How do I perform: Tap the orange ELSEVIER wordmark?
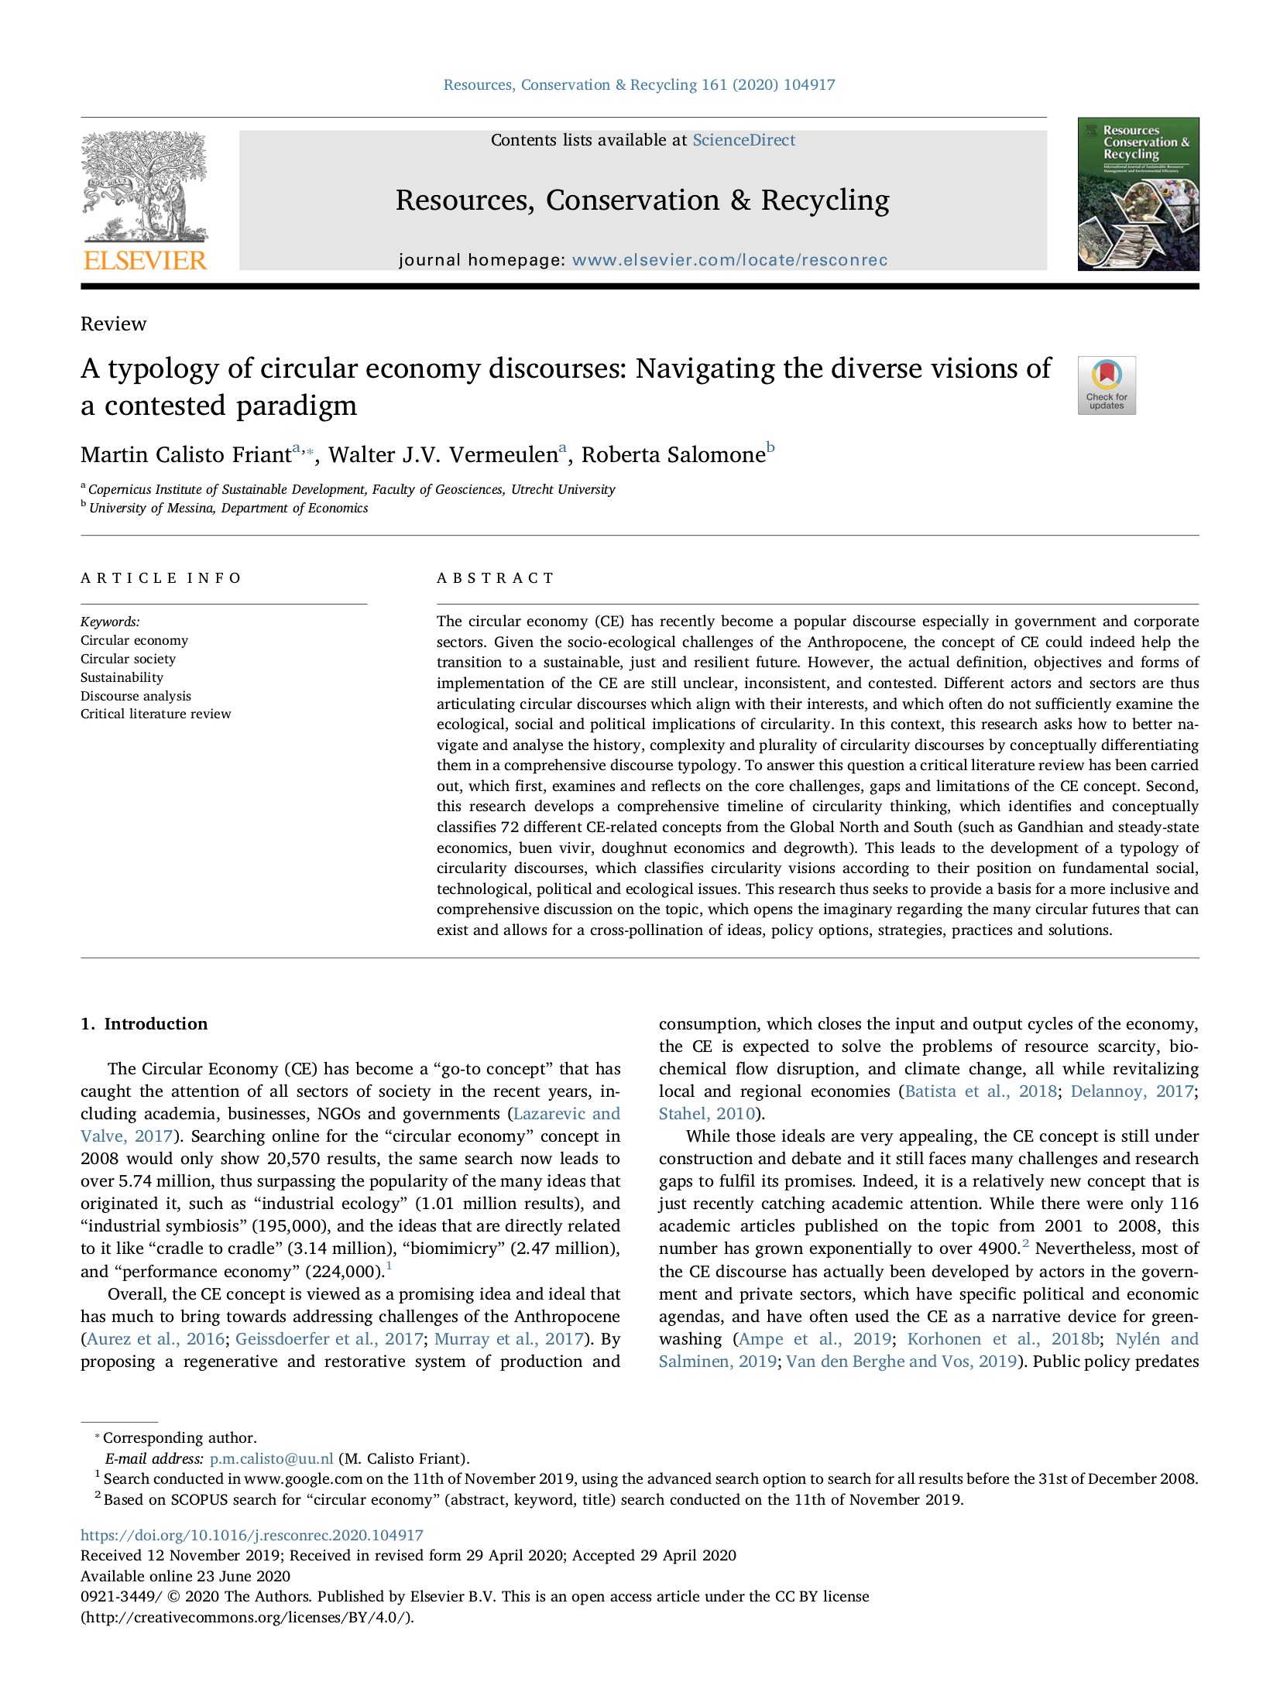[x=145, y=260]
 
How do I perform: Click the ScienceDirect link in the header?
[x=743, y=140]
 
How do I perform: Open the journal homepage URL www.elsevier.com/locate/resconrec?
[x=729, y=260]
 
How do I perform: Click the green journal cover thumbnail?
[x=1138, y=194]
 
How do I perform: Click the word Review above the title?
[x=113, y=324]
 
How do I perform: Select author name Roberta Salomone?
[x=672, y=454]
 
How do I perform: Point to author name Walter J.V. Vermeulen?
[x=442, y=454]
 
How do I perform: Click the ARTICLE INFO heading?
[x=161, y=578]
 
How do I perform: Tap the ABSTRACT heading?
[x=496, y=578]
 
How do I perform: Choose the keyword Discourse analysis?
[x=136, y=696]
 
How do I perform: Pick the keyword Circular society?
[x=128, y=659]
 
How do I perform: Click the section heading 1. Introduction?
[x=144, y=1024]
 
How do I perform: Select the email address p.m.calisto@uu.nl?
[x=271, y=1459]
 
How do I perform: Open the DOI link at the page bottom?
[x=252, y=1536]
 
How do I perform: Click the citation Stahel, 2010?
[x=706, y=1114]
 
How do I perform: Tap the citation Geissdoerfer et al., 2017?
[x=329, y=1339]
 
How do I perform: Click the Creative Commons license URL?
[x=247, y=1618]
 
